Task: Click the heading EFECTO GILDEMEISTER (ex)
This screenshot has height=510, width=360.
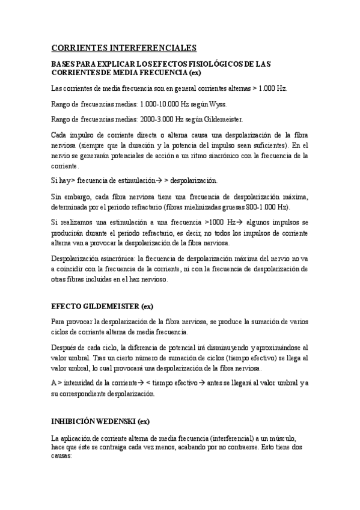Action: (102, 306)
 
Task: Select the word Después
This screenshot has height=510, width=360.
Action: (65, 347)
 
